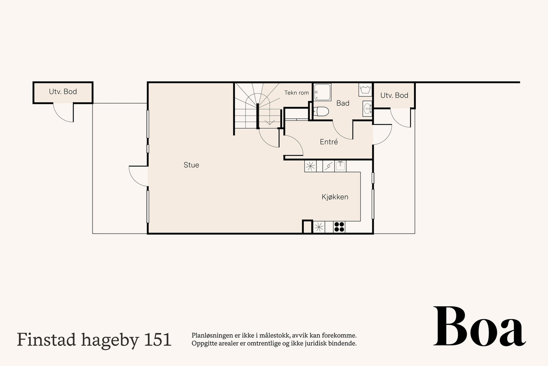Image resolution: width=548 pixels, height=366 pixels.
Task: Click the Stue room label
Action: pyautogui.click(x=191, y=165)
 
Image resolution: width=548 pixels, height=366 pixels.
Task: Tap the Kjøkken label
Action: pyautogui.click(x=335, y=197)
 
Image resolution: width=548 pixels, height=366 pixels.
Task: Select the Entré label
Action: pyautogui.click(x=329, y=142)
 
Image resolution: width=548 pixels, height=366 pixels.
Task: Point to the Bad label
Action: pyautogui.click(x=342, y=103)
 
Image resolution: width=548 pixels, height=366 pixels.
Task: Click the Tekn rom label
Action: pyautogui.click(x=296, y=93)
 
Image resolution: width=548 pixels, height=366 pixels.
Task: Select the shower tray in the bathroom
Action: pyautogui.click(x=322, y=92)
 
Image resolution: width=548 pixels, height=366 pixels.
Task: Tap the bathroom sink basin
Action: pyautogui.click(x=368, y=108)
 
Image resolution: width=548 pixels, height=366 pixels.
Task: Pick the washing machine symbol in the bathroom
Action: pyautogui.click(x=365, y=90)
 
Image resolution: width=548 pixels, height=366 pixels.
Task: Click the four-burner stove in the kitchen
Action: pyautogui.click(x=339, y=227)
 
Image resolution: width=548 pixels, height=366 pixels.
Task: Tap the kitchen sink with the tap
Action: pyautogui.click(x=340, y=166)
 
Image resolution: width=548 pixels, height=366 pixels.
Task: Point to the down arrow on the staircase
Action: pyautogui.click(x=270, y=121)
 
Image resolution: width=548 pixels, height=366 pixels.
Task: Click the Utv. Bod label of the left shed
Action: pyautogui.click(x=63, y=92)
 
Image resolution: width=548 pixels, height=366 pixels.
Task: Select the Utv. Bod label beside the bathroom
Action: pyautogui.click(x=394, y=95)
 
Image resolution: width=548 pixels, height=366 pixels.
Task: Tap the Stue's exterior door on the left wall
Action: pyautogui.click(x=139, y=176)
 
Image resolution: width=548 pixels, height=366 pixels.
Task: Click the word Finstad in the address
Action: pyautogui.click(x=47, y=340)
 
